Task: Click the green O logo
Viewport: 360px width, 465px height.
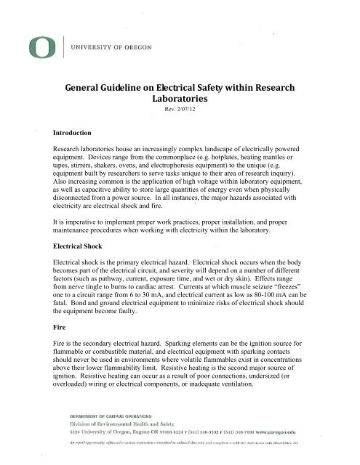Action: click(x=34, y=47)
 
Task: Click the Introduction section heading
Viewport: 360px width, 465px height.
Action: click(x=71, y=134)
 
